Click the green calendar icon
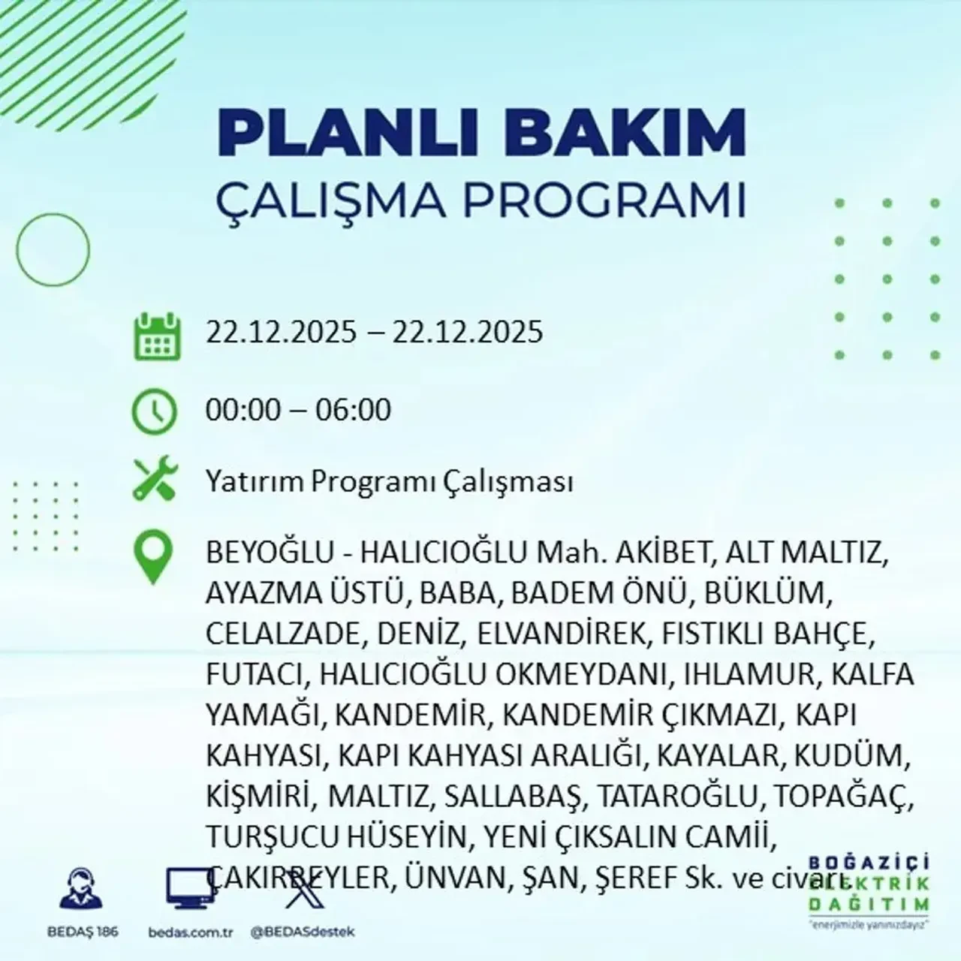coord(157,336)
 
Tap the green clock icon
coord(154,412)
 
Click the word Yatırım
coord(255,482)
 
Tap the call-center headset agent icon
coord(76,890)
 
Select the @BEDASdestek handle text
coord(303,932)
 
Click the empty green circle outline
coord(53,249)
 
